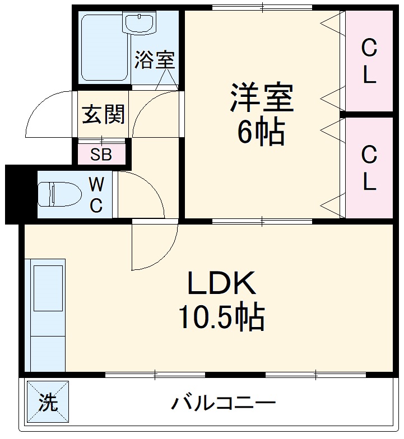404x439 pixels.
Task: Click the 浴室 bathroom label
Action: coord(155,60)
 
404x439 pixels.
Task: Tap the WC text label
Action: coord(96,194)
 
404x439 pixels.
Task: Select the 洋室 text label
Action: coord(261,98)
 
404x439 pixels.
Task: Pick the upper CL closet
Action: coord(368,61)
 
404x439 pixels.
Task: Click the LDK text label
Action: coord(221,284)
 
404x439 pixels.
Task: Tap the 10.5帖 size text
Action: coord(221,317)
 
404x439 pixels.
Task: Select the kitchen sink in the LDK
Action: coord(48,288)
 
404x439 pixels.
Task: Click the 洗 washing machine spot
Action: coord(48,402)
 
